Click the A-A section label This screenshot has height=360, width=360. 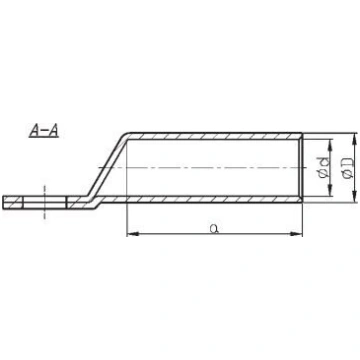[x=44, y=130]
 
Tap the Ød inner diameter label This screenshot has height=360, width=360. [x=324, y=167]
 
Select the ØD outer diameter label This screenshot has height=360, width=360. [x=347, y=167]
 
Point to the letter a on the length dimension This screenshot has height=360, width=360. [x=214, y=229]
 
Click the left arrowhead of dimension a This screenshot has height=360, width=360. [x=132, y=234]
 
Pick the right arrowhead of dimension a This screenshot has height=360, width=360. [x=297, y=234]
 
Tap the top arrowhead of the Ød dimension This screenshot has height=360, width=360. [x=330, y=144]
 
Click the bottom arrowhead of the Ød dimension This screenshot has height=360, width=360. [x=330, y=191]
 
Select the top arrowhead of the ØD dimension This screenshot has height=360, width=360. [x=353, y=138]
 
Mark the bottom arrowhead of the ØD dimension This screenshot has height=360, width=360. [x=353, y=197]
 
